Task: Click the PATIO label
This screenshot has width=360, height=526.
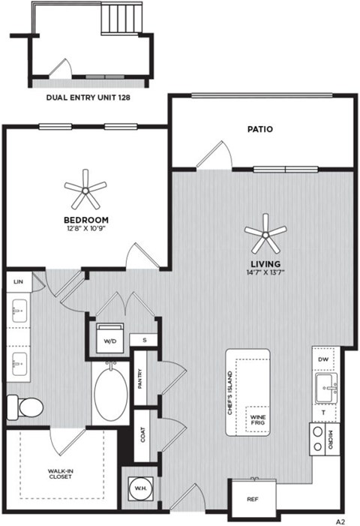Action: pos(259,129)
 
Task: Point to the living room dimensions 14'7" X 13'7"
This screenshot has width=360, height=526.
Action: pos(266,272)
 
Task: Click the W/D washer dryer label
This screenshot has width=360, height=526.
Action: pos(109,339)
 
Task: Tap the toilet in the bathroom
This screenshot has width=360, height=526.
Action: pos(25,407)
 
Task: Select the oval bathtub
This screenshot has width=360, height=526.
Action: pos(111,394)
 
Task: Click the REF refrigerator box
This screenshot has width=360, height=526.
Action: pos(253,497)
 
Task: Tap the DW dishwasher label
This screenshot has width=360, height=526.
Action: pos(323,359)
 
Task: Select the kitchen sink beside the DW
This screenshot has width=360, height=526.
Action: pos(325,388)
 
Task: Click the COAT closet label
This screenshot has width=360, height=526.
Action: pos(142,434)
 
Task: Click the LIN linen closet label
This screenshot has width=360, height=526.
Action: pos(17,281)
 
